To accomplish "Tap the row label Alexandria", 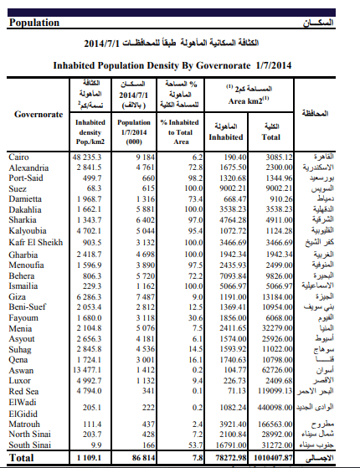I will (x=28, y=167).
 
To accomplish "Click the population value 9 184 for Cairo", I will (x=144, y=157).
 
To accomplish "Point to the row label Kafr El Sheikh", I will (x=36, y=241).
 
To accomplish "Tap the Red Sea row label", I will (x=24, y=389).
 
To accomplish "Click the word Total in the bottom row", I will (x=23, y=459).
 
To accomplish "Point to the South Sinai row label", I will (x=31, y=445).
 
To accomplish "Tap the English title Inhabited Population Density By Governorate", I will (x=171, y=63).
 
